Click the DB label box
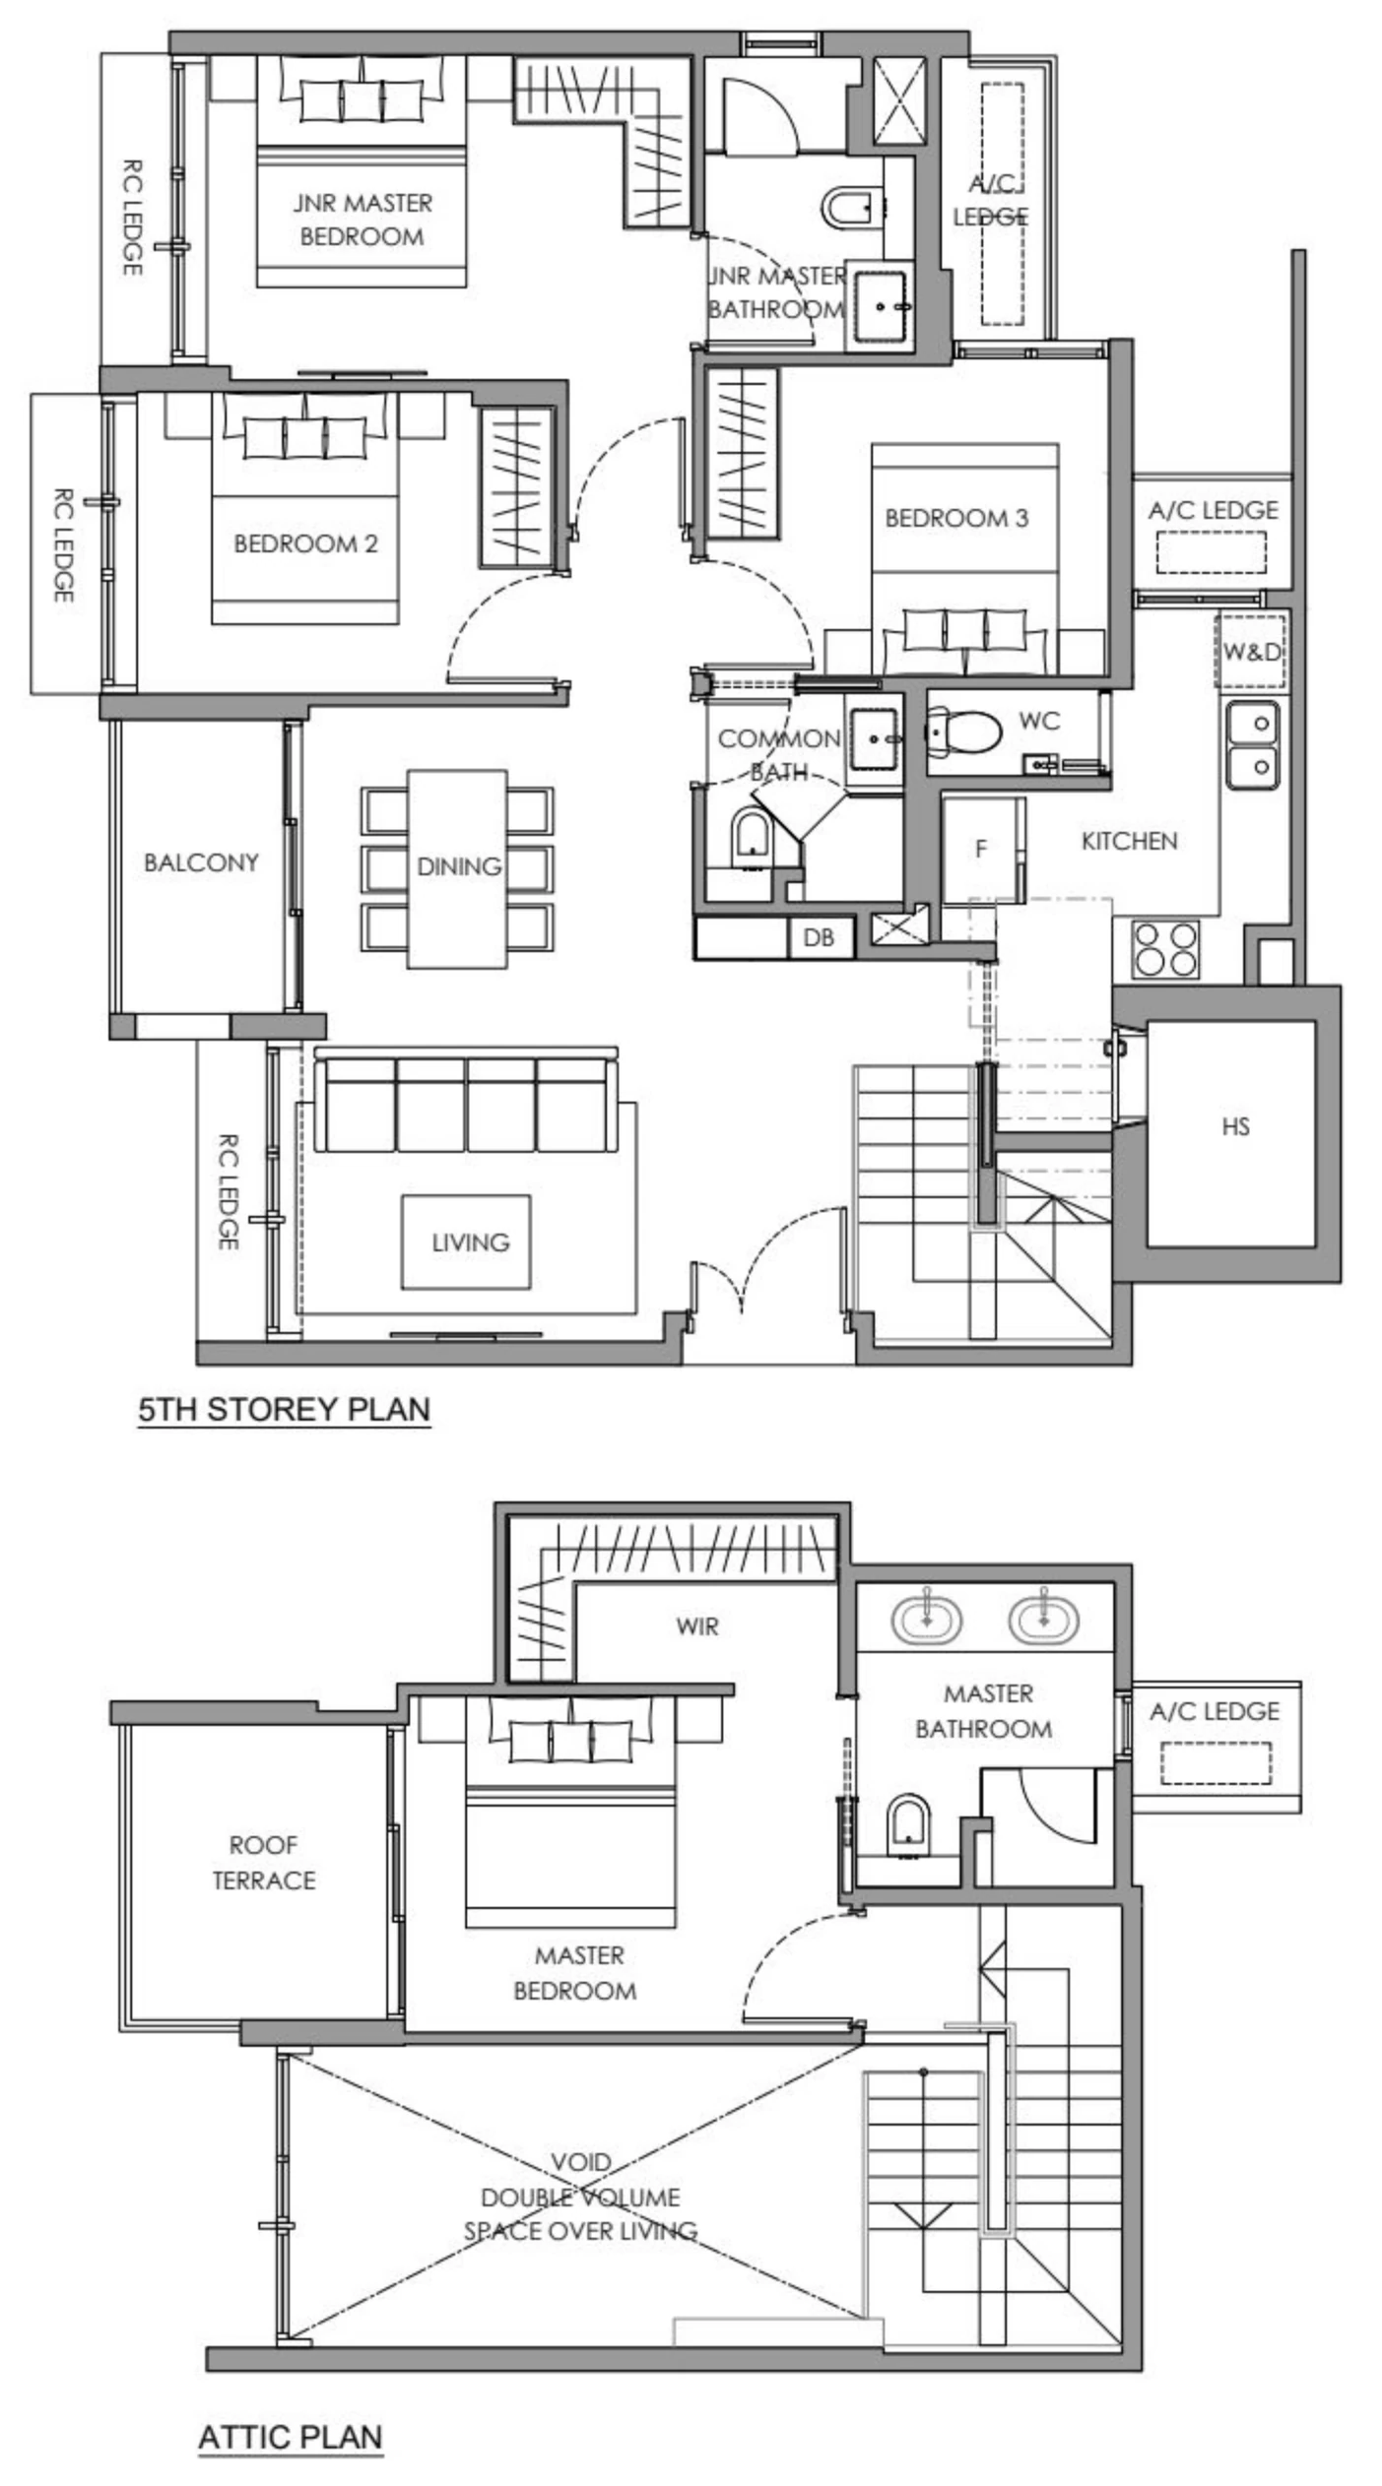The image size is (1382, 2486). (819, 937)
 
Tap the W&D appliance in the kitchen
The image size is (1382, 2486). (1251, 651)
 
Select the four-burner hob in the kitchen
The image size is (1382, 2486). (1165, 949)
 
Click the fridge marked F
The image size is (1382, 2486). (981, 849)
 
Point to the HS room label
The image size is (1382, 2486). (1235, 1126)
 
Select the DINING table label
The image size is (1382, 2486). (459, 866)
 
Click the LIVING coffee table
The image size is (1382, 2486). (467, 1243)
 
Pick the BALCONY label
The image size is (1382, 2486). (201, 862)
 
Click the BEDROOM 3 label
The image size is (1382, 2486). (955, 518)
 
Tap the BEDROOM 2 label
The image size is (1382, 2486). (305, 543)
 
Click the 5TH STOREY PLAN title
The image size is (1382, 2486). (284, 1409)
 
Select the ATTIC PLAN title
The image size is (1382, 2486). (291, 2437)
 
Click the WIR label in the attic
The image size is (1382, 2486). (697, 1626)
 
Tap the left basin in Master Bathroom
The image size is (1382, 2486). (927, 1619)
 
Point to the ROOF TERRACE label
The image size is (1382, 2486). (264, 1863)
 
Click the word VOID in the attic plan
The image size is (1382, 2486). (581, 2163)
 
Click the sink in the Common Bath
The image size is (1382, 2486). (875, 739)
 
